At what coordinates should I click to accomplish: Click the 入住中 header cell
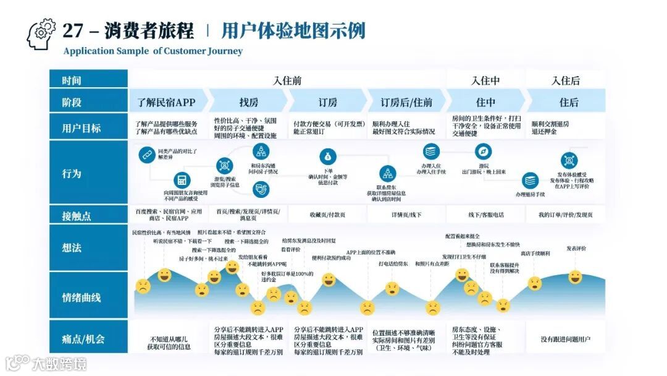[485, 80]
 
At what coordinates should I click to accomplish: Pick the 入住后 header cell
[566, 80]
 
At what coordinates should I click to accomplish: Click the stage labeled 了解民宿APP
[166, 102]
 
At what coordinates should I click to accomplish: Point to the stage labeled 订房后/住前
[406, 102]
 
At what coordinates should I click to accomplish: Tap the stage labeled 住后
[569, 102]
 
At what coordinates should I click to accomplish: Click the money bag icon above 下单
[327, 156]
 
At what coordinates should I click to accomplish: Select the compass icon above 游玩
[483, 152]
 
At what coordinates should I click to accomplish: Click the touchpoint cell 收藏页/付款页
[327, 215]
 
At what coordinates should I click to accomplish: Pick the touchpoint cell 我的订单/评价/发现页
[565, 215]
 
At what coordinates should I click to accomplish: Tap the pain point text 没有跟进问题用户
[565, 339]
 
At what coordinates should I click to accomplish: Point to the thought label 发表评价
[576, 248]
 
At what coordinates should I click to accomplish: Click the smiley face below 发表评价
[575, 276]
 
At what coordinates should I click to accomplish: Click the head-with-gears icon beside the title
[41, 34]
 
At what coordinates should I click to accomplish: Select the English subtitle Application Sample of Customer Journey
[153, 51]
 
